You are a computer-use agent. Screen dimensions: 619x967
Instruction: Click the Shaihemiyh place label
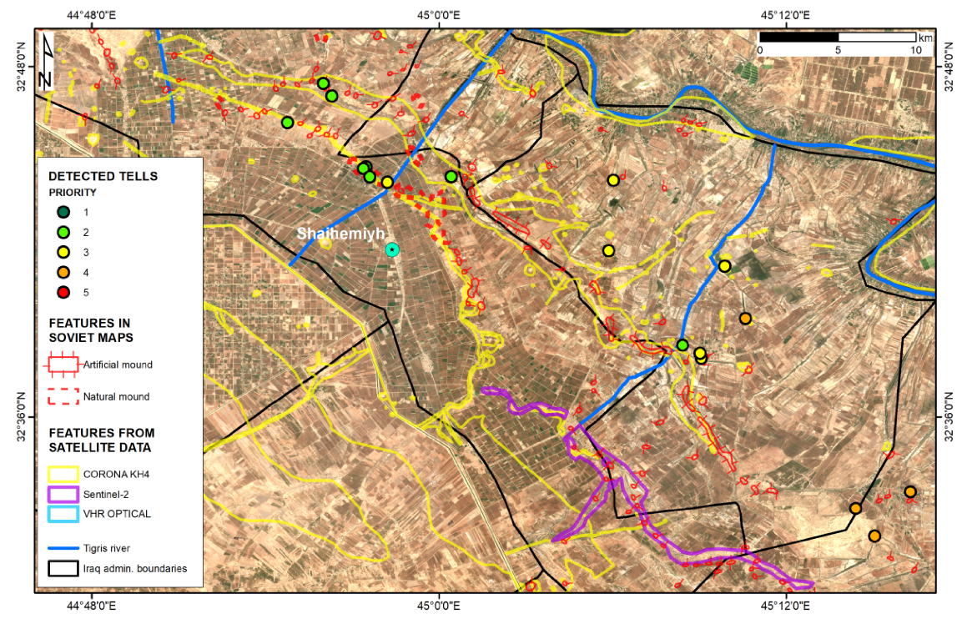point(340,234)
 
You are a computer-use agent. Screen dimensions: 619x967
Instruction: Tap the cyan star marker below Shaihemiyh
point(392,249)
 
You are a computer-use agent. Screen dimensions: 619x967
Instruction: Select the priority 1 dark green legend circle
point(63,212)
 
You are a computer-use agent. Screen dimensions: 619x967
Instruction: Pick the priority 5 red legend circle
point(63,292)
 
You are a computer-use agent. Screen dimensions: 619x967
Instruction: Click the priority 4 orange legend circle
point(63,272)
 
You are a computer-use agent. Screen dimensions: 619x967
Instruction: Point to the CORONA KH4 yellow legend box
point(63,473)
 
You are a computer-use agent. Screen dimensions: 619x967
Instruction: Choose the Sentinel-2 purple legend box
point(63,493)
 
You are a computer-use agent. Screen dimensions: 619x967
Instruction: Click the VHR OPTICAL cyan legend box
point(63,513)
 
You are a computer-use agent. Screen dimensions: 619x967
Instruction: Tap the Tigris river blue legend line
point(63,547)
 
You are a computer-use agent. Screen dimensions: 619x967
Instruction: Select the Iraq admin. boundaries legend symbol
point(63,568)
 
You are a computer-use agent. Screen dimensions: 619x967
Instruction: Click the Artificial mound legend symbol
point(63,365)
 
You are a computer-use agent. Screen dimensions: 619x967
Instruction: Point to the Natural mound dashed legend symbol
point(63,396)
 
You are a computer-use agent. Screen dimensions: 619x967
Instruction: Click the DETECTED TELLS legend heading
point(103,176)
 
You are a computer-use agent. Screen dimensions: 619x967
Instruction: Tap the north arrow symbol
point(48,60)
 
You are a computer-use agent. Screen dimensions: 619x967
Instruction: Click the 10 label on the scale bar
point(916,50)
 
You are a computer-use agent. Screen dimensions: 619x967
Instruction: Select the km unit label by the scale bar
point(925,38)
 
